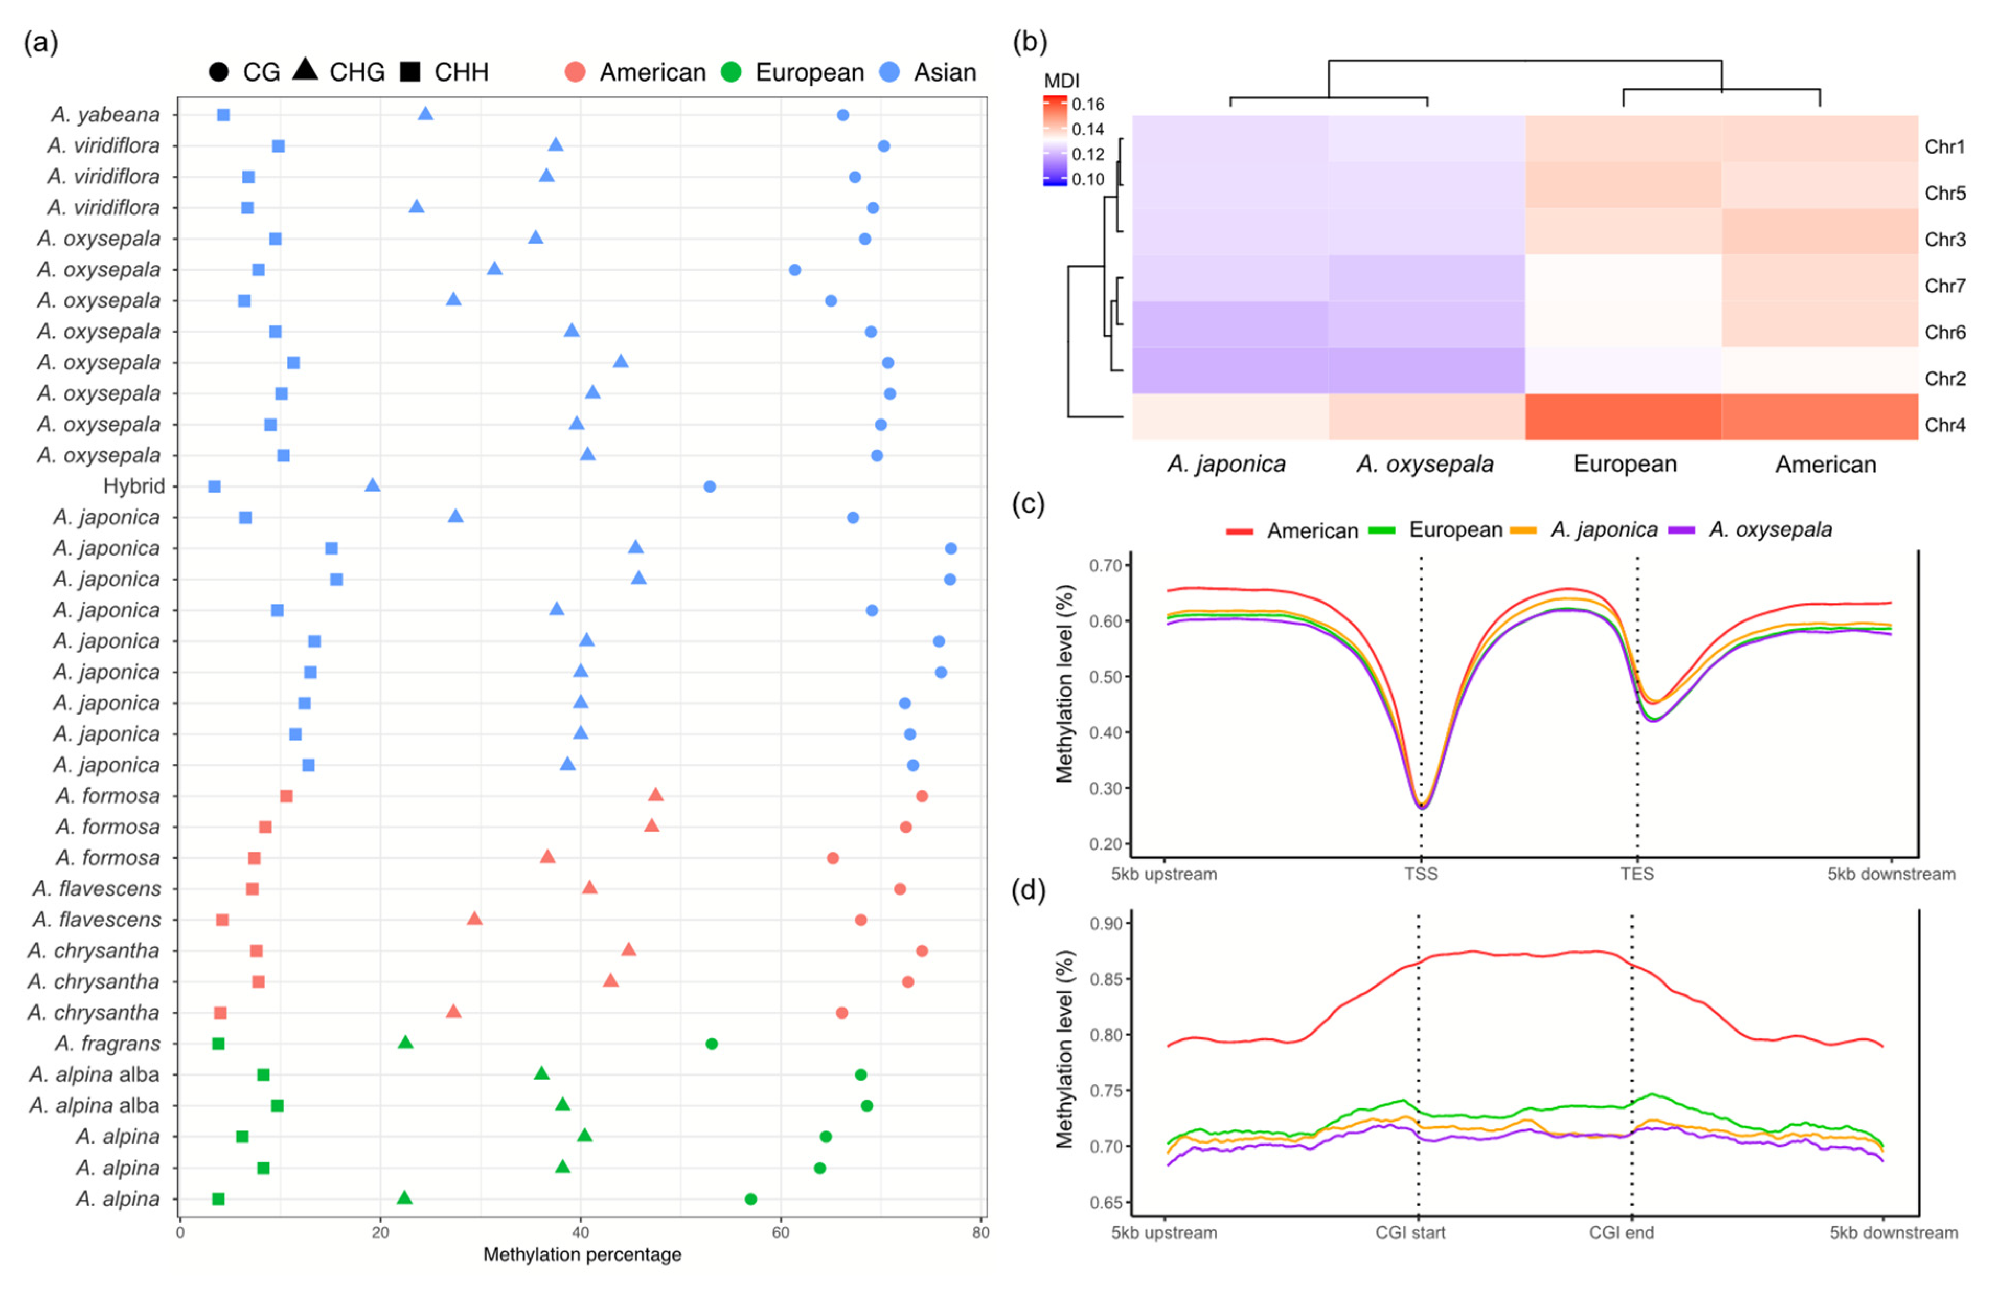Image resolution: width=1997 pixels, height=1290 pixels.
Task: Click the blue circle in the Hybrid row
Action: [709, 486]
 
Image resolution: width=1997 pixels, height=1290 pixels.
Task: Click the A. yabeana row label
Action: [106, 115]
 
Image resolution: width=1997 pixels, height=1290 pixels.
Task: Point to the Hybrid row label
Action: [134, 486]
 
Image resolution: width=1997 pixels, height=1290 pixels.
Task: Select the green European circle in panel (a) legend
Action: [731, 72]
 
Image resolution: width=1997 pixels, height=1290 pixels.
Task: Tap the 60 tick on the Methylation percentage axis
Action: [780, 1232]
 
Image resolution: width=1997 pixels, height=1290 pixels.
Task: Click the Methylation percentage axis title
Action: [582, 1255]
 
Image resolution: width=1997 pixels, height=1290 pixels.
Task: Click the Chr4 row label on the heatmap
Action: [1944, 425]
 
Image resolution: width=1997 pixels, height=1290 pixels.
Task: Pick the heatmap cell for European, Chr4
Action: [1623, 417]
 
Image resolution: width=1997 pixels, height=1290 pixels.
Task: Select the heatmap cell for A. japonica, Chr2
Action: [1230, 370]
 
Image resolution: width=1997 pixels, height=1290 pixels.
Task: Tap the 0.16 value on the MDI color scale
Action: [1088, 105]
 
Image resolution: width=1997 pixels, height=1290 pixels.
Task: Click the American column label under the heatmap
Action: [1825, 465]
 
